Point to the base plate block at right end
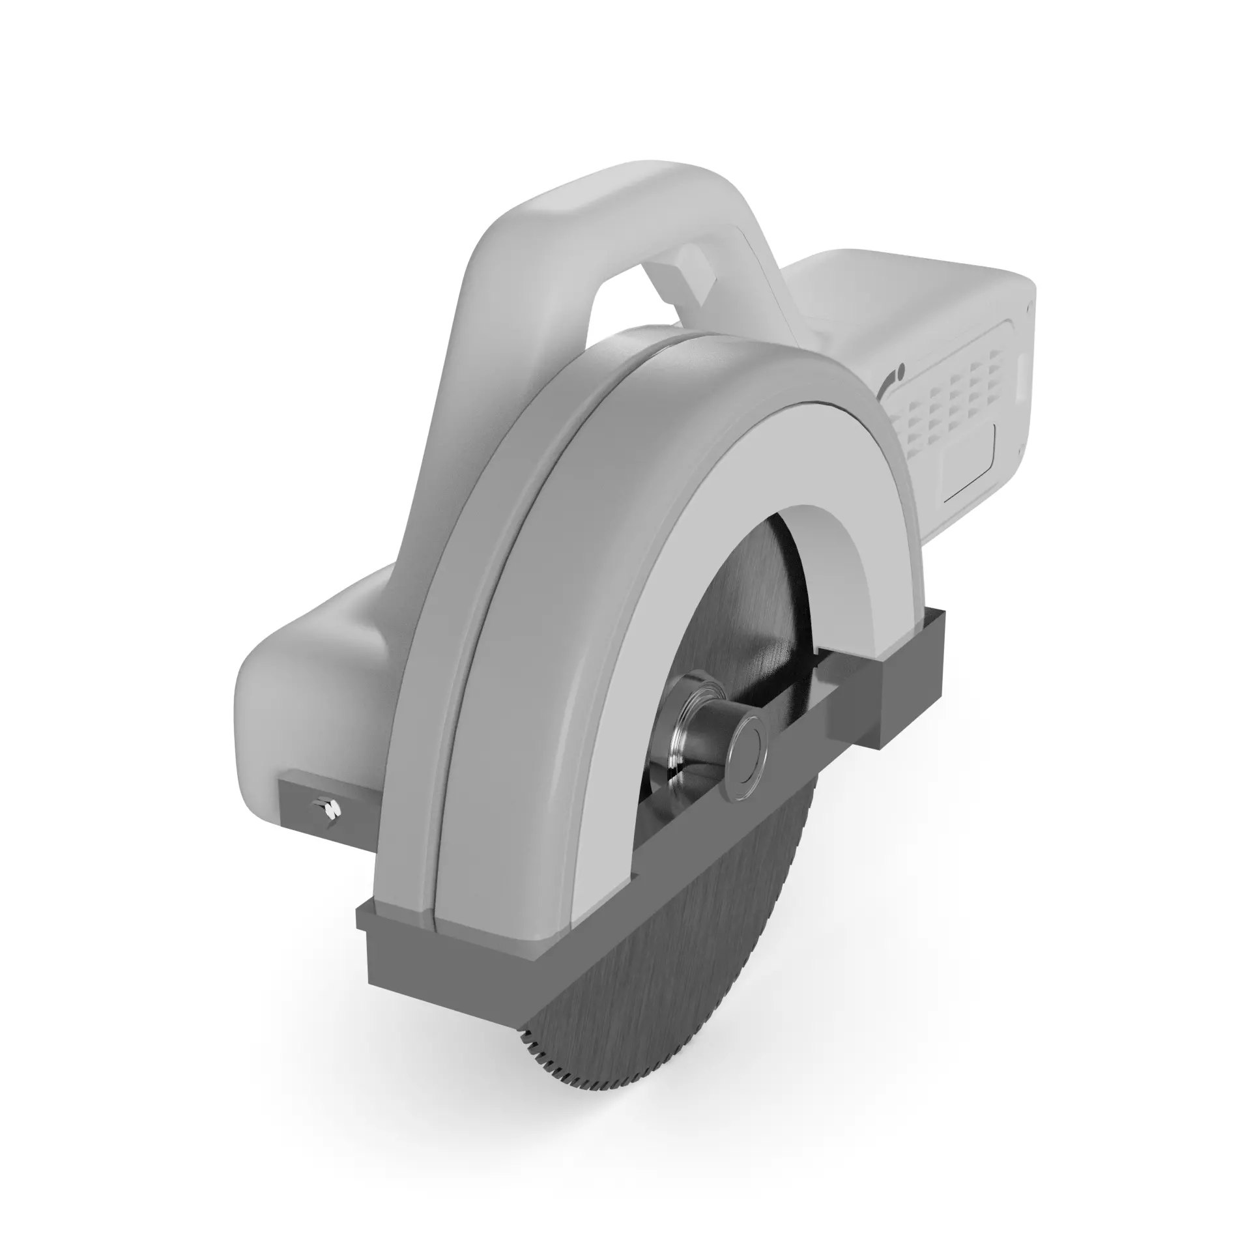click(912, 691)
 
